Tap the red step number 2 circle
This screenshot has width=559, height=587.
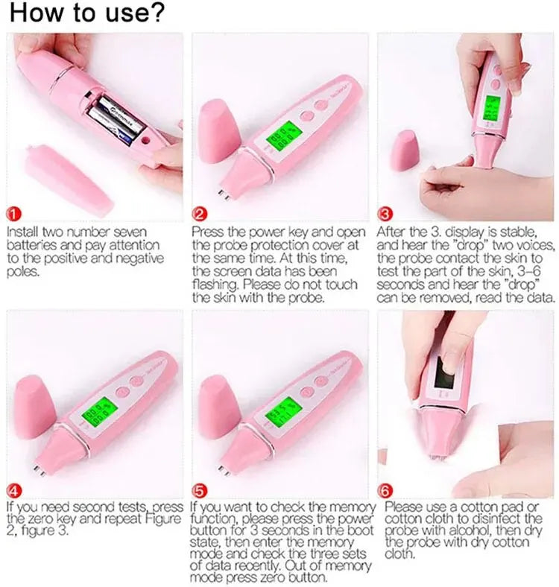[x=200, y=213]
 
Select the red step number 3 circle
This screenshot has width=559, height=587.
[x=386, y=213]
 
